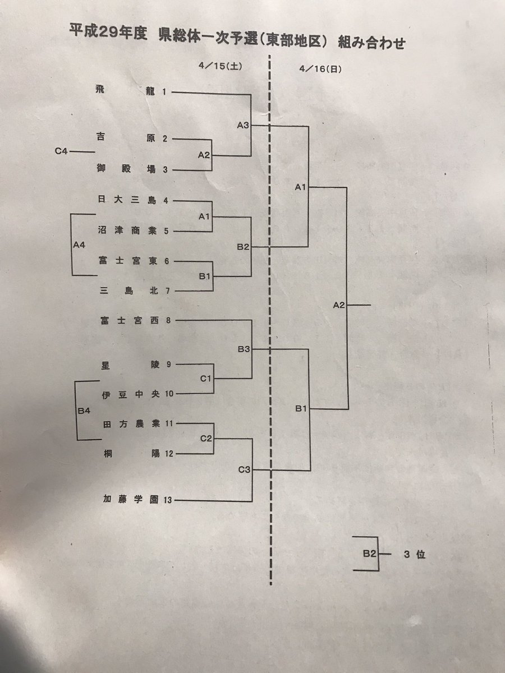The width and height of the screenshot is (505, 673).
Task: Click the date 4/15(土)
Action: click(219, 66)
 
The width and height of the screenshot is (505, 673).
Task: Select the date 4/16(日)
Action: click(322, 70)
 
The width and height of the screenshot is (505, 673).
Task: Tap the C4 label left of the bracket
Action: click(62, 151)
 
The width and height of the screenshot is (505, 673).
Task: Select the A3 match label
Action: click(242, 126)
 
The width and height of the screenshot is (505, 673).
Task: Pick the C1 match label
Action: click(205, 379)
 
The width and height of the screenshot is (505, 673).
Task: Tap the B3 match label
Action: click(244, 349)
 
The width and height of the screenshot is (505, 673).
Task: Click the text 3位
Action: click(414, 554)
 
